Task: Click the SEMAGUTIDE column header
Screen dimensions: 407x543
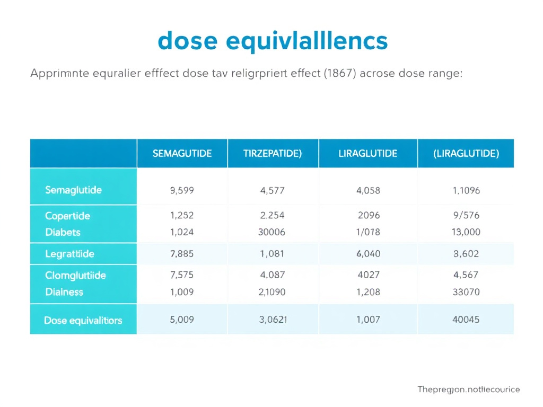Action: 182,154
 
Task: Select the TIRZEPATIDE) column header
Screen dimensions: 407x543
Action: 273,154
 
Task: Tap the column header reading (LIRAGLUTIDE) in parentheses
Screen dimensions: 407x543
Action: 466,154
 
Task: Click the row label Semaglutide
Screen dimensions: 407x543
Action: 74,190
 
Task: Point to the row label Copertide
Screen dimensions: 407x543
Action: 67,216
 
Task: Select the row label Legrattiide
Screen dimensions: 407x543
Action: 69,254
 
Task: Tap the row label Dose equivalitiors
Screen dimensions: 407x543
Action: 83,320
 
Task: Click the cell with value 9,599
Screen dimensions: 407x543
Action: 182,190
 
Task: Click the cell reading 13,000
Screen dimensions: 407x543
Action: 466,232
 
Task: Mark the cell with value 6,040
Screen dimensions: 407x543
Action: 368,254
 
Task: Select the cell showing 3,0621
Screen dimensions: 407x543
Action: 273,320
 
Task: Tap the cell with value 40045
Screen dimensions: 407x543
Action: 466,320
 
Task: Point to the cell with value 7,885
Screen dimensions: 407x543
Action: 182,254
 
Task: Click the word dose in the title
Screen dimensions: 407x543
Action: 188,41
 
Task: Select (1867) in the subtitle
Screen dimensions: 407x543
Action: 339,74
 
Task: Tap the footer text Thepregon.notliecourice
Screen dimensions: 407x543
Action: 468,390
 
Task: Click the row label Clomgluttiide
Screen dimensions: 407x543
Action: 75,276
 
